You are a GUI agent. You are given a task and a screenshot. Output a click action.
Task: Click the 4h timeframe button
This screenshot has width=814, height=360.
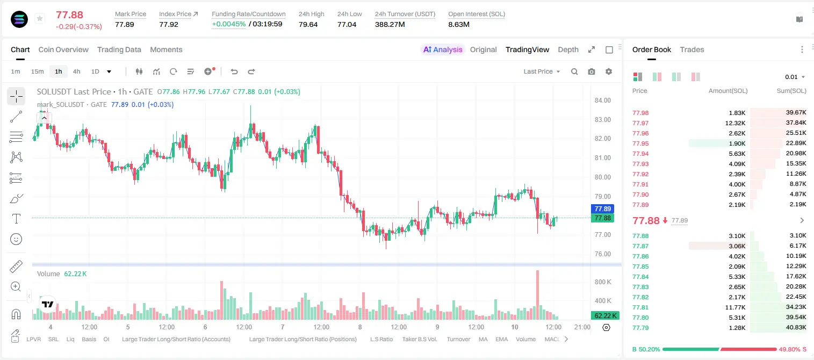(76, 71)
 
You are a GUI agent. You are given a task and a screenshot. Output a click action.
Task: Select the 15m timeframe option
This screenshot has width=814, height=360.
(37, 71)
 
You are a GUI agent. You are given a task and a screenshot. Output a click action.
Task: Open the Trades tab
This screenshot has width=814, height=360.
(692, 49)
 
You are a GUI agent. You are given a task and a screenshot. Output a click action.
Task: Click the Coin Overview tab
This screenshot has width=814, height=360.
(63, 49)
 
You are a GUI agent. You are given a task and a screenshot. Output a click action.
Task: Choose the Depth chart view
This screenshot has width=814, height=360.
(568, 49)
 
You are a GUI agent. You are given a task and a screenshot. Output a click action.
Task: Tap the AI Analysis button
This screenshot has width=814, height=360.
(443, 49)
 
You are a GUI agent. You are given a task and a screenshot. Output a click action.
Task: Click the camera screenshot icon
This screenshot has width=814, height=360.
(592, 71)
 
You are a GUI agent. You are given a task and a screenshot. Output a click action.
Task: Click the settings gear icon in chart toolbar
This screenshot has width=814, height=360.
(609, 71)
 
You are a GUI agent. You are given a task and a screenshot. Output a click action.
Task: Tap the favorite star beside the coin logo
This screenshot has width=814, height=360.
(40, 18)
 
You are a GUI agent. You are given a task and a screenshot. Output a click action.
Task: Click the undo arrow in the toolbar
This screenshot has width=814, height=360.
(234, 71)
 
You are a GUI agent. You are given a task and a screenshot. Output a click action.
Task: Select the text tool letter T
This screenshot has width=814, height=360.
(16, 219)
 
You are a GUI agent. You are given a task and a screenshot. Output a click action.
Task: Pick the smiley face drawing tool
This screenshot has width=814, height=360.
(16, 239)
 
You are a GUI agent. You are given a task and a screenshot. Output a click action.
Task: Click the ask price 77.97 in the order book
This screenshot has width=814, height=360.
(640, 123)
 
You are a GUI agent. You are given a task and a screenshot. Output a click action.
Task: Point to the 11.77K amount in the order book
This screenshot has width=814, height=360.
(735, 307)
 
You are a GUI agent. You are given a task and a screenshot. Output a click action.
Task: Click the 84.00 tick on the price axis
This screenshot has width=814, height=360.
(602, 100)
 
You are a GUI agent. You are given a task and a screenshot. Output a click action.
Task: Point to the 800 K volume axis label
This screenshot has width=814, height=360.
(603, 282)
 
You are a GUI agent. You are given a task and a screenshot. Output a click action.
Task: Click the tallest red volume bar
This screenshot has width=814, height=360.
(537, 295)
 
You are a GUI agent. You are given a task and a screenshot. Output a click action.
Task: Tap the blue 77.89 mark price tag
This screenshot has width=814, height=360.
(602, 209)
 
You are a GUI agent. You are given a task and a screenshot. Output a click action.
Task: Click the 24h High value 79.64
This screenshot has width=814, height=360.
(308, 24)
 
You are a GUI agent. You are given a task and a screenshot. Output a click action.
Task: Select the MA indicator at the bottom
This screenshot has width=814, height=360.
(483, 339)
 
